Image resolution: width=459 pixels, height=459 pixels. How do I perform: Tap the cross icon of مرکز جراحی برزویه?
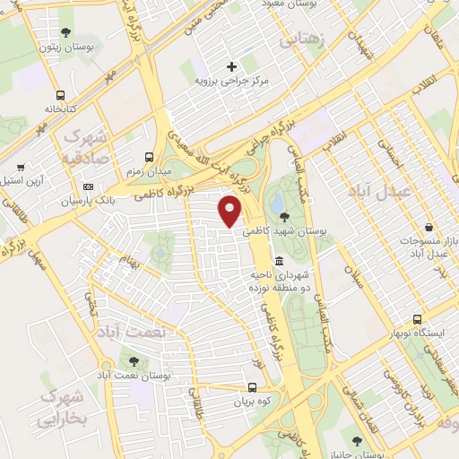231,66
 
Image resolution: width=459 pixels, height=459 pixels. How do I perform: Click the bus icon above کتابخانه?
60,95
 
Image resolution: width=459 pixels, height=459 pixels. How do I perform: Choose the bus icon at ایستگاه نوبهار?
416,319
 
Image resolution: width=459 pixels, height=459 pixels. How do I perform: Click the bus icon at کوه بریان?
252,388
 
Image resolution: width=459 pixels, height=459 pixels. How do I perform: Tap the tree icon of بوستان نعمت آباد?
134,361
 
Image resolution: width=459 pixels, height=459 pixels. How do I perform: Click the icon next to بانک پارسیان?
88,186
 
